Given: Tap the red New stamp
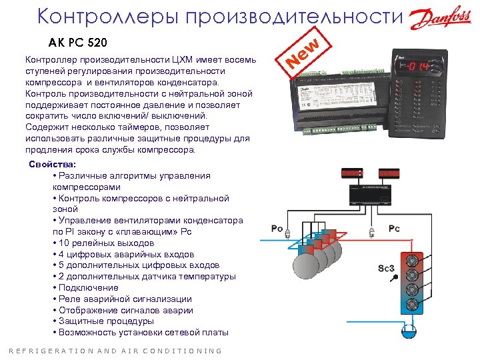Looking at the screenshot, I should [305, 54].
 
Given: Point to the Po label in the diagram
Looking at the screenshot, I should [277, 229].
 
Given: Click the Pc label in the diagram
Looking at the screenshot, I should [394, 229].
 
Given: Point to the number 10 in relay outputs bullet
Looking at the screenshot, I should [64, 243].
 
